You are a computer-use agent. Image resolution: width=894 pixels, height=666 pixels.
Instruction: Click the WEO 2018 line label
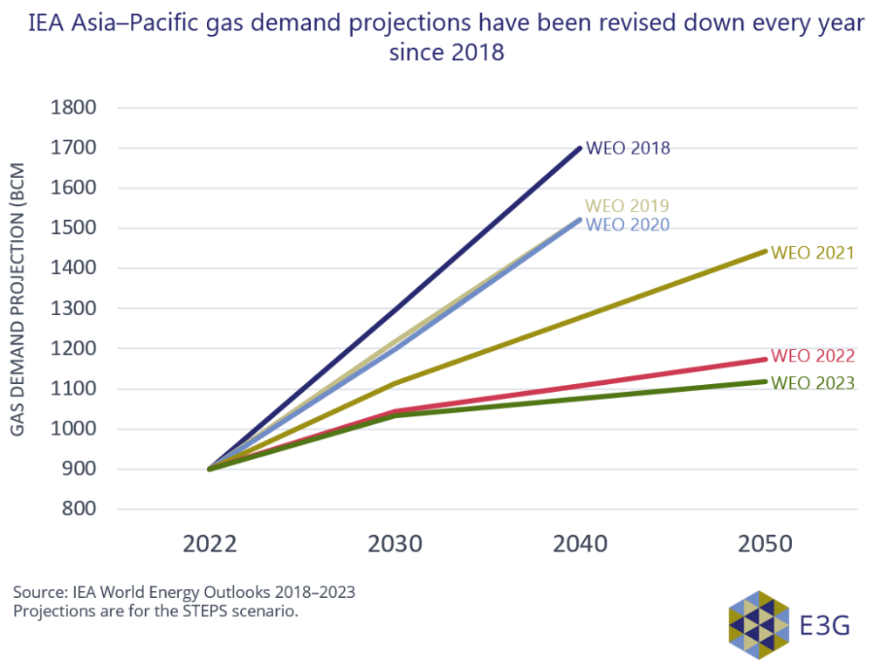[628, 148]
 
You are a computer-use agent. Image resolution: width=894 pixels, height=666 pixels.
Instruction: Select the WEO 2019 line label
[627, 207]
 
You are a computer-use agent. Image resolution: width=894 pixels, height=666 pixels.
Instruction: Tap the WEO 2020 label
[627, 225]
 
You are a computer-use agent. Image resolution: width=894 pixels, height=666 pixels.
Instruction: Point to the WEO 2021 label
[812, 253]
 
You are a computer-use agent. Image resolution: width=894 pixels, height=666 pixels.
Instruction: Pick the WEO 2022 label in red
[812, 356]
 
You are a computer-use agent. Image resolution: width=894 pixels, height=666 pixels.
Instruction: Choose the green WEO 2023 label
[812, 383]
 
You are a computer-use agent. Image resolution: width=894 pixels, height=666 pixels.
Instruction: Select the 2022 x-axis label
[210, 545]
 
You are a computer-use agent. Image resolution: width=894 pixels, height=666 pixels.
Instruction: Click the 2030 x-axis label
[395, 545]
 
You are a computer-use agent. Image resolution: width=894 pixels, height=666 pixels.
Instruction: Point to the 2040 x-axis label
[581, 545]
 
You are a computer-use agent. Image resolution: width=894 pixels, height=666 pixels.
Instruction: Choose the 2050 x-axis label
[766, 545]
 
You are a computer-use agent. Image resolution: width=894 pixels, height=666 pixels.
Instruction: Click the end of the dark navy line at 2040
[580, 148]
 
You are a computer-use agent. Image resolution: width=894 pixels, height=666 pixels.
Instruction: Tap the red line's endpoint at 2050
[765, 359]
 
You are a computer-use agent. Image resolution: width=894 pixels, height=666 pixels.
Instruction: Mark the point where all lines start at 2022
[210, 470]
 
